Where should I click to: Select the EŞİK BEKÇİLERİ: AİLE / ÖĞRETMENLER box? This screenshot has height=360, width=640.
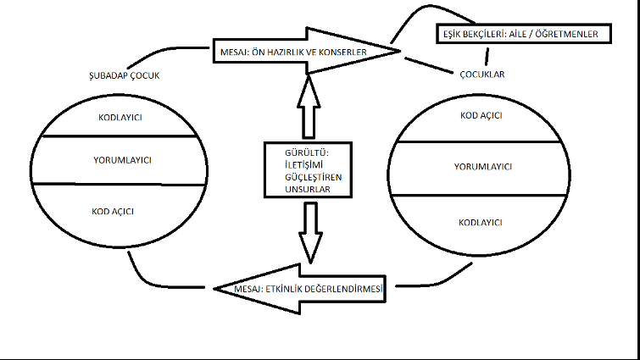[x=522, y=36]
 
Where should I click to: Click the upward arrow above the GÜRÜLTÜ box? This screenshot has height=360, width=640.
[x=309, y=105]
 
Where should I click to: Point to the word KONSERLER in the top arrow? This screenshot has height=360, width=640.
[x=339, y=53]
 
